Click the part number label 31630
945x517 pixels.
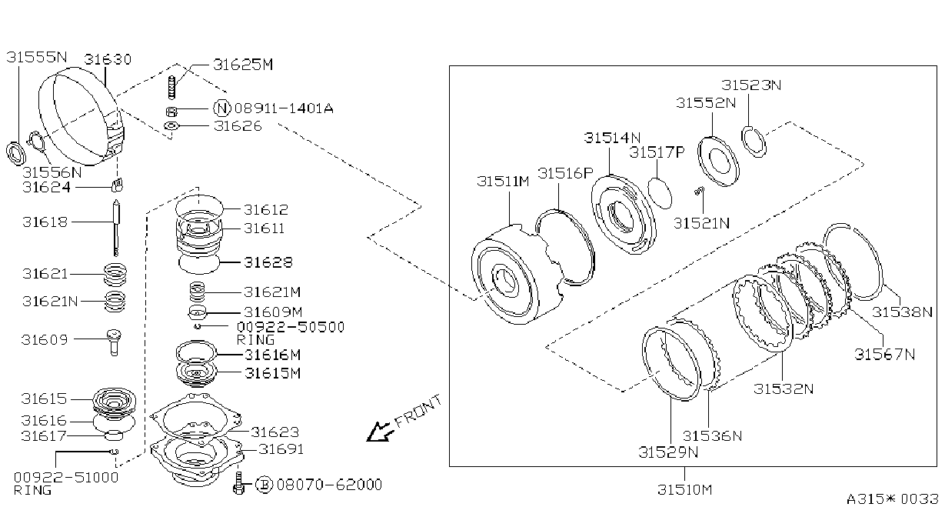(x=108, y=59)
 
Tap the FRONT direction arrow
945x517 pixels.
(x=380, y=432)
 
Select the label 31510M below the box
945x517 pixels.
(x=684, y=489)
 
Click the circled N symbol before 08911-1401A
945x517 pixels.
(x=222, y=108)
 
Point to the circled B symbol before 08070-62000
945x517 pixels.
(x=265, y=485)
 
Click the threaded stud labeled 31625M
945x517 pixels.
(x=171, y=88)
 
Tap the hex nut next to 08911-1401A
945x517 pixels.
(x=171, y=112)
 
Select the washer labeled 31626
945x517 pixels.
(x=171, y=125)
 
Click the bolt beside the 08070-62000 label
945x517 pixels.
(x=239, y=484)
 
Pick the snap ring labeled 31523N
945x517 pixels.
(x=754, y=142)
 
